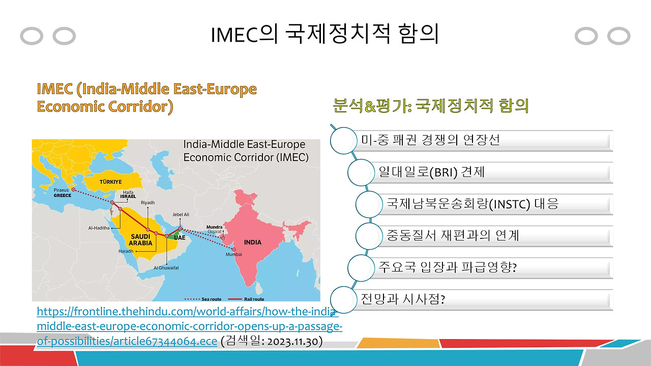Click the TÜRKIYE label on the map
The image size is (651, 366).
click(x=111, y=182)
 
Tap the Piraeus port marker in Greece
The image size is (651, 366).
click(x=73, y=190)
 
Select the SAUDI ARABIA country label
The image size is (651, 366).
click(x=141, y=240)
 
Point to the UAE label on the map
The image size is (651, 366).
click(x=180, y=237)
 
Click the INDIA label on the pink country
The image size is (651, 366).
click(x=253, y=242)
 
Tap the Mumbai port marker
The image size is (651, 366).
click(x=233, y=250)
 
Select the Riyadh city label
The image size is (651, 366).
click(x=147, y=202)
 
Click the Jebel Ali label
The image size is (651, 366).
click(x=181, y=215)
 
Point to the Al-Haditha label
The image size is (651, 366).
click(x=99, y=228)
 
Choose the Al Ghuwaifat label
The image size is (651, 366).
click(x=166, y=268)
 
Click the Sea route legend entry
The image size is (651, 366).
click(x=203, y=299)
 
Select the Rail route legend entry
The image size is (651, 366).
click(x=246, y=299)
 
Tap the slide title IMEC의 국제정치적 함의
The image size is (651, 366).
click(x=324, y=34)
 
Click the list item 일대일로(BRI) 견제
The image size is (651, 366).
click(x=432, y=172)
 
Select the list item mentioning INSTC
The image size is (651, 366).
click(x=472, y=204)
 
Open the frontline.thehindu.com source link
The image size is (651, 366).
click(x=190, y=326)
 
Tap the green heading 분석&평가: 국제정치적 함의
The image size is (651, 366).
click(x=430, y=105)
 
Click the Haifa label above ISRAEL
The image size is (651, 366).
click(x=128, y=192)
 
